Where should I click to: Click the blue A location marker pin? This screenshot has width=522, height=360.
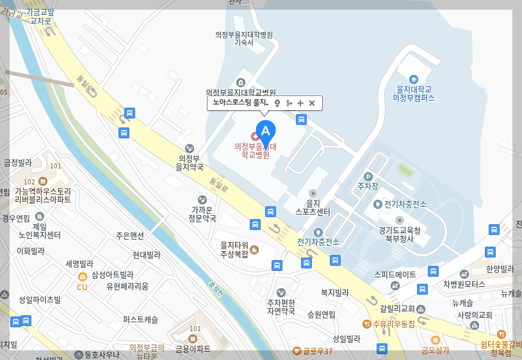click(x=266, y=132)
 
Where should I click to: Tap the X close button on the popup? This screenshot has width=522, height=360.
click(x=312, y=103)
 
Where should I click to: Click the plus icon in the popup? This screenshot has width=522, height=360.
click(x=300, y=103)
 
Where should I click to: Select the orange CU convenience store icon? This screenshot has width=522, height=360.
click(x=82, y=277)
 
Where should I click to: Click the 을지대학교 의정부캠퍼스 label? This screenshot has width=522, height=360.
click(x=413, y=94)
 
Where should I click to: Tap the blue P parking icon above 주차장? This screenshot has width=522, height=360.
click(x=368, y=176)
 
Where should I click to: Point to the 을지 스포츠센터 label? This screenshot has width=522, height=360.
click(x=313, y=207)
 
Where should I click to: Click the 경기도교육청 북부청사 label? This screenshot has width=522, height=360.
click(x=400, y=234)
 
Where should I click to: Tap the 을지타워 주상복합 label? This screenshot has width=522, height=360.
click(x=234, y=249)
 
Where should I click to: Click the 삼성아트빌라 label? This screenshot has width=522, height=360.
click(x=113, y=275)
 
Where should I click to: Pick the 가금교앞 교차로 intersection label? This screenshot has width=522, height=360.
click(x=40, y=17)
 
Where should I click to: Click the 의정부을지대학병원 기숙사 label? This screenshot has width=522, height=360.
click(x=244, y=38)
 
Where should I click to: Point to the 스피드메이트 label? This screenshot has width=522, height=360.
click(x=395, y=274)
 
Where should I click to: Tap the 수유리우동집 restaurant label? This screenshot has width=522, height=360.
click(x=394, y=324)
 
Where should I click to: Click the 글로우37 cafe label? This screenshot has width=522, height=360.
click(x=318, y=351)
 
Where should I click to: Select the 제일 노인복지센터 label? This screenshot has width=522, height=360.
click(x=39, y=231)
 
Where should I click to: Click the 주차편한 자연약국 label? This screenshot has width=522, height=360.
click(x=281, y=307)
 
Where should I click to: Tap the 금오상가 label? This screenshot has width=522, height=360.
click(x=435, y=350)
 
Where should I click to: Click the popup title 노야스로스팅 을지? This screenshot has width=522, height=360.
click(x=240, y=102)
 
